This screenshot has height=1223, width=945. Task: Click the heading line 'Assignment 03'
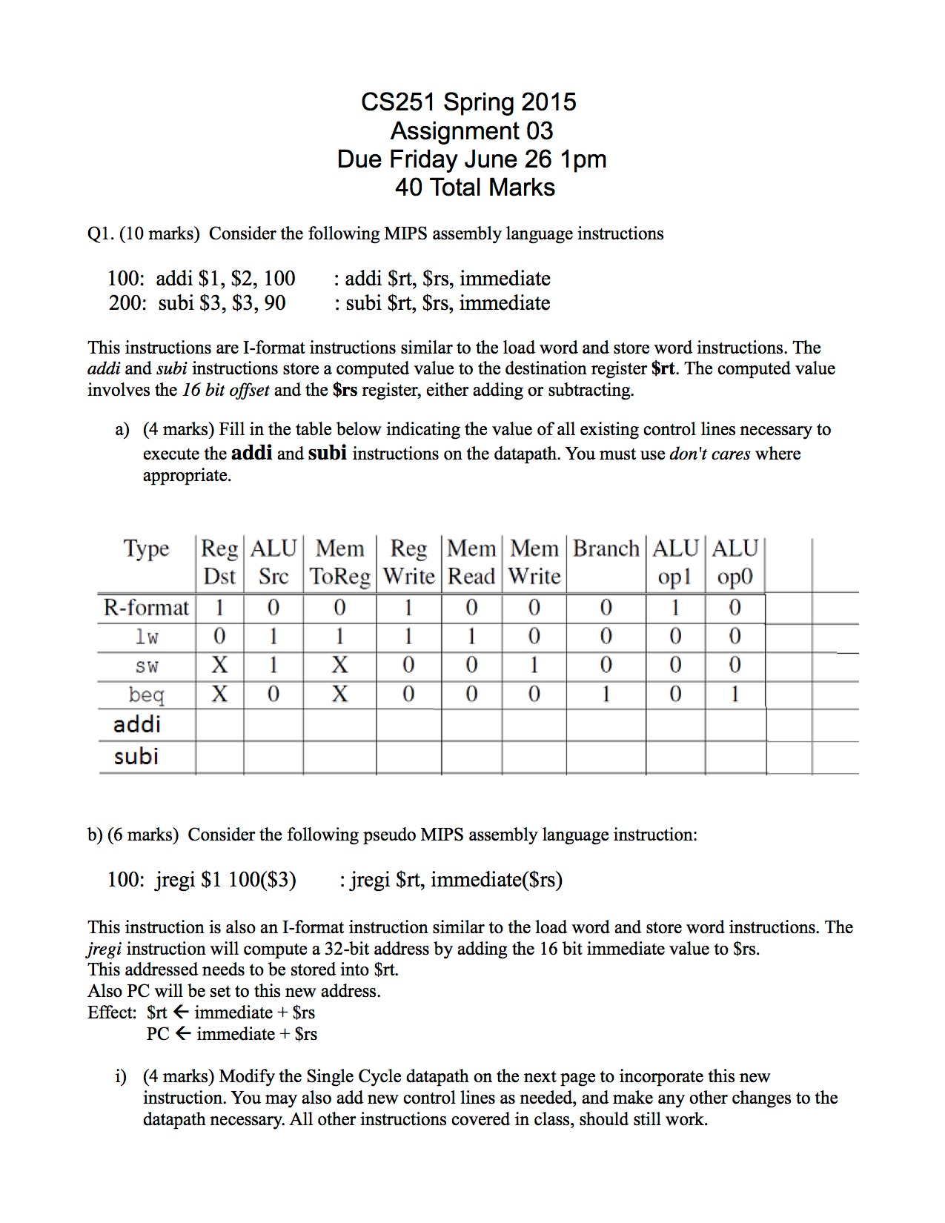click(471, 131)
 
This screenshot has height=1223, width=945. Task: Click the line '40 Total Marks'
click(474, 188)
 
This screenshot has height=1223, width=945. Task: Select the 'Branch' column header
click(606, 548)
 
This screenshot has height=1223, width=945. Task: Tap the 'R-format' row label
click(146, 608)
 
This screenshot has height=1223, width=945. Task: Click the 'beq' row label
click(146, 695)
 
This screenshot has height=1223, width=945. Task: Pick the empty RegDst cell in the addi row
click(219, 725)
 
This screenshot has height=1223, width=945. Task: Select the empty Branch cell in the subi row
click(606, 758)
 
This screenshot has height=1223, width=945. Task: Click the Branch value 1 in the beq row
click(606, 695)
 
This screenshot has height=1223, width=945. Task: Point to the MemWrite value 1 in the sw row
click(534, 666)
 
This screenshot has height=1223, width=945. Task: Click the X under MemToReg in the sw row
click(339, 666)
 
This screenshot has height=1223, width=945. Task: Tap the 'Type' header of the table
click(146, 549)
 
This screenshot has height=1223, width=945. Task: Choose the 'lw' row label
click(146, 637)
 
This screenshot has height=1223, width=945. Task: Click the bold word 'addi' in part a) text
click(252, 452)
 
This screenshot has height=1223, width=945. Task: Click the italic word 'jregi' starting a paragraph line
click(104, 949)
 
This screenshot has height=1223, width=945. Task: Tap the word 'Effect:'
click(112, 1012)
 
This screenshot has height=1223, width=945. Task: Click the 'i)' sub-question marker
click(121, 1077)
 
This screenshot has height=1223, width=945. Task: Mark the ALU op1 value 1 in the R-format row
click(674, 608)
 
